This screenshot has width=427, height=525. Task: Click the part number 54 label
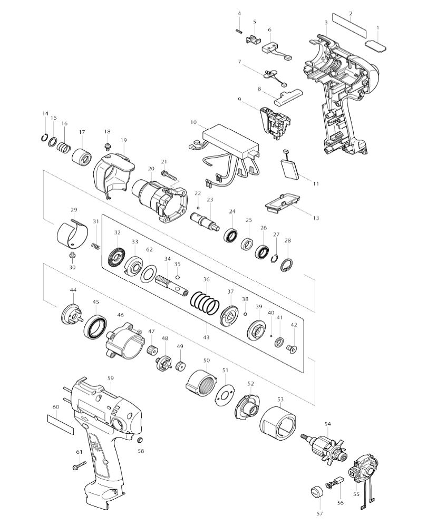coord(328,423)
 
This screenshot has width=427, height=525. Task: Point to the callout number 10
coord(194,122)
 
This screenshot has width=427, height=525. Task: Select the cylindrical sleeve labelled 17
coord(82,157)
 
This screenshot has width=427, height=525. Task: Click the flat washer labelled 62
coord(149,273)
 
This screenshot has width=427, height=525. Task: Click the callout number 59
coord(111,378)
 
